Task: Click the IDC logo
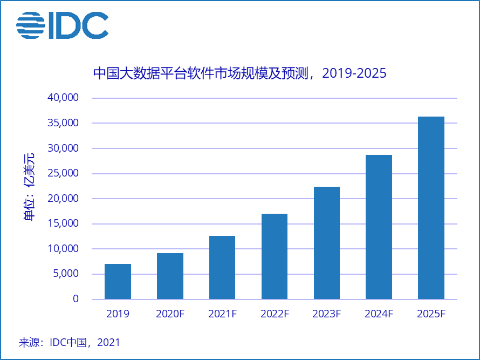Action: (x=62, y=25)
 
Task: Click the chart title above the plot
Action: (x=240, y=73)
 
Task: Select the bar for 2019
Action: (x=118, y=281)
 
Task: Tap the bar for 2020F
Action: (x=170, y=276)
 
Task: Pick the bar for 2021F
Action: (x=222, y=267)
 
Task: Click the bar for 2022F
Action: (x=275, y=256)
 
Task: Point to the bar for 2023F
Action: (x=327, y=243)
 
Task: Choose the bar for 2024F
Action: (x=379, y=227)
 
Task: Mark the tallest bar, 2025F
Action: (x=431, y=208)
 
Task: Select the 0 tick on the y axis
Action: (x=76, y=299)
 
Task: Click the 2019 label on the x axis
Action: (x=118, y=314)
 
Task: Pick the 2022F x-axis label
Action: (x=275, y=314)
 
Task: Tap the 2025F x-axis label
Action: (x=431, y=314)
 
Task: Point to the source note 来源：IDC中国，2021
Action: (x=69, y=342)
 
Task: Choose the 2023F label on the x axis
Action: (x=327, y=314)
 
